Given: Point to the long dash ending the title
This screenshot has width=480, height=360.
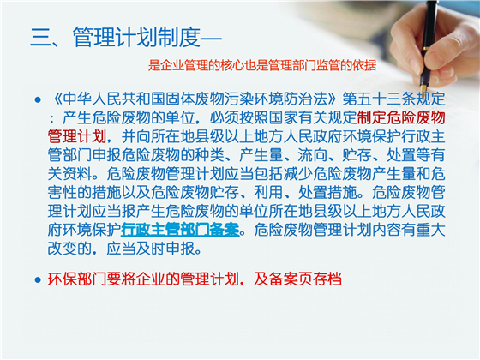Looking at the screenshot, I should pos(211,37).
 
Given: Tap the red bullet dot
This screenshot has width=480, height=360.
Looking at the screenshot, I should pos(36,279).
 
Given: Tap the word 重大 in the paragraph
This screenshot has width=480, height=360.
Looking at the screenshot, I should pos(429,229).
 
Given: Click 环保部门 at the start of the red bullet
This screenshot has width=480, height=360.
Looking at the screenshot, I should pos(75,279).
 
